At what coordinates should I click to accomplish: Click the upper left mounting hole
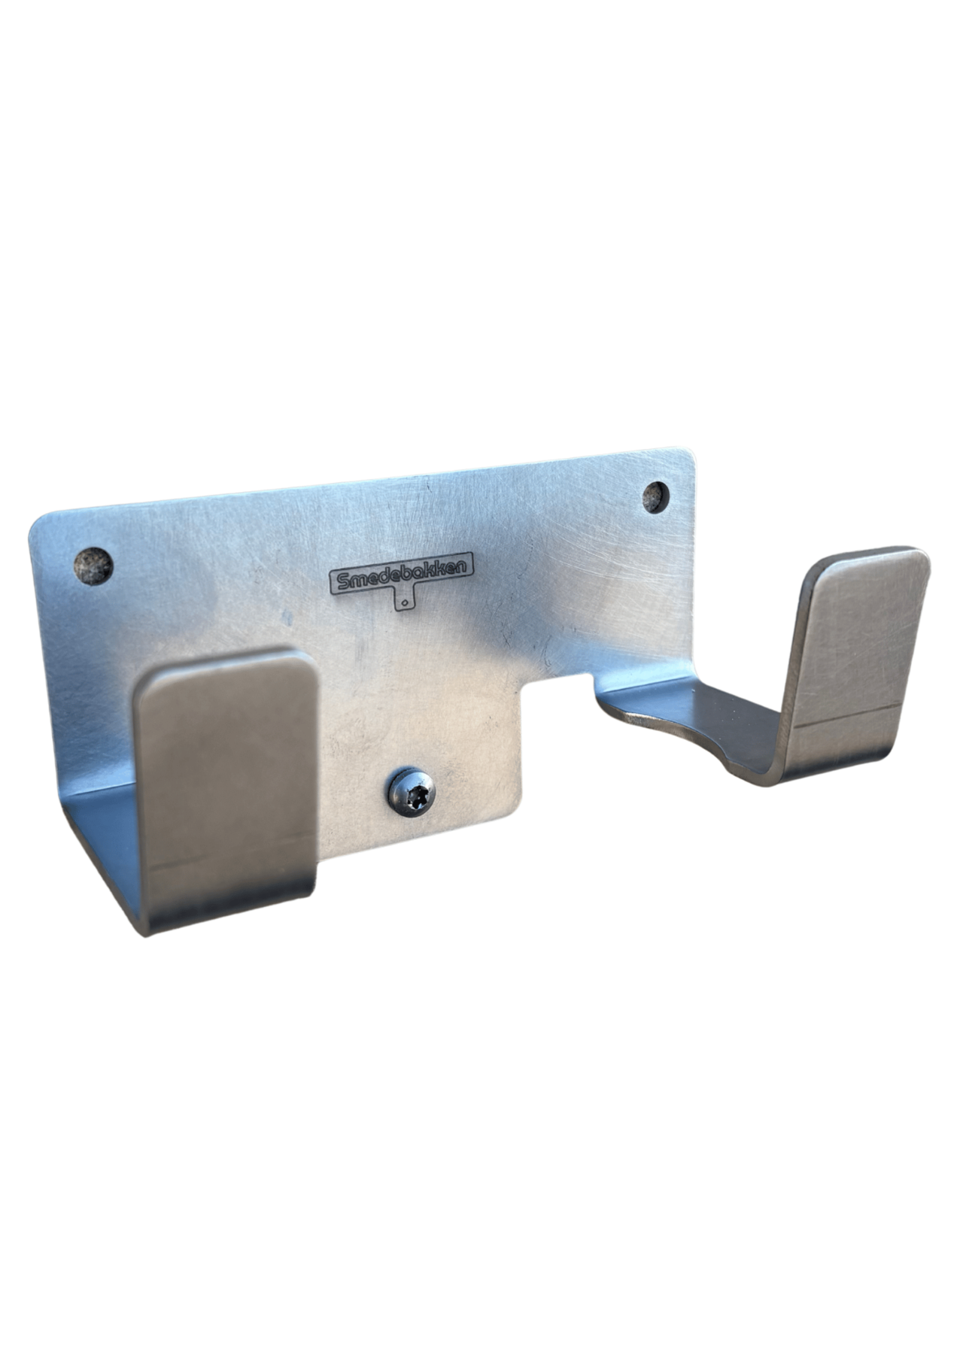pos(94,565)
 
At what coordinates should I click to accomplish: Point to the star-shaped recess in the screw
pos(409,791)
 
